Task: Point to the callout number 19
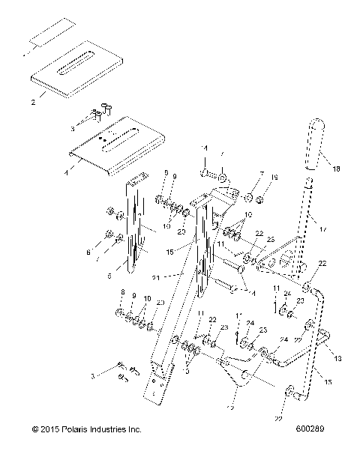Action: (x=274, y=178)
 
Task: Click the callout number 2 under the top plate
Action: (x=32, y=104)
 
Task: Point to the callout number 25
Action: (x=270, y=239)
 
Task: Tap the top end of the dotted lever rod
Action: (x=309, y=180)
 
